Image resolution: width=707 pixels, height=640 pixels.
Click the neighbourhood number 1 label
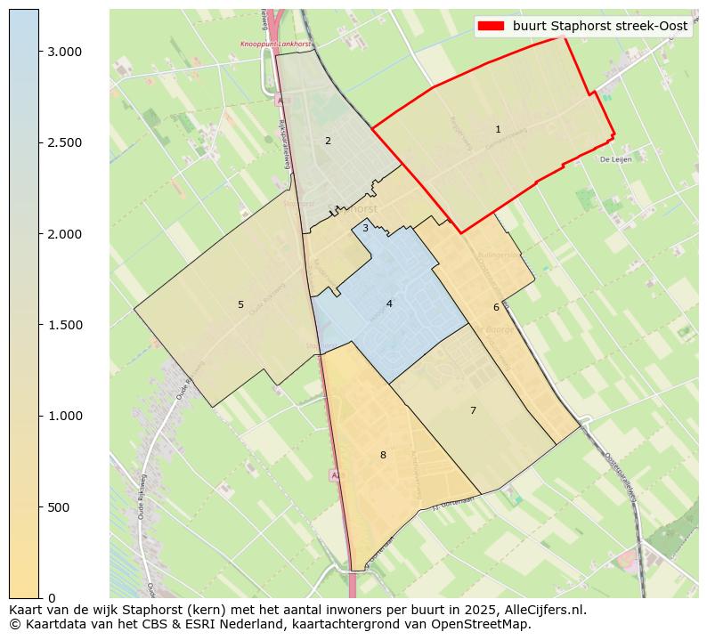pos(498,130)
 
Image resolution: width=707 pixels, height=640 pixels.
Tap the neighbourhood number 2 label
pos(328,141)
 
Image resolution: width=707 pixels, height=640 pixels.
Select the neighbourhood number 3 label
pos(365,229)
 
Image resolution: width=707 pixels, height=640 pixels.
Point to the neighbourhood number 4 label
pos(389,304)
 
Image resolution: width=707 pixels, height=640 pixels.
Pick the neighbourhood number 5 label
pos(240,304)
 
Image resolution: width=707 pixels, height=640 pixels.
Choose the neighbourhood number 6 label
pos(496,307)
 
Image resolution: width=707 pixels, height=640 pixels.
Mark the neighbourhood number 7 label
pos(473,410)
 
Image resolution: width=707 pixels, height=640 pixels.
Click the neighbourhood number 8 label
pos(383,455)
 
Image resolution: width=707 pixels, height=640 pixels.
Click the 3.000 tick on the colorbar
pos(64,52)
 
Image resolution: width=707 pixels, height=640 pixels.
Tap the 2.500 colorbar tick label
pos(64,142)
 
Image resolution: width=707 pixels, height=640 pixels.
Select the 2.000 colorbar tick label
pos(64,234)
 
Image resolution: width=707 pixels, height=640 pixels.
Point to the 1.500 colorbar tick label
pos(64,325)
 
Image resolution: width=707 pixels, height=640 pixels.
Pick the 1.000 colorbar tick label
pos(64,416)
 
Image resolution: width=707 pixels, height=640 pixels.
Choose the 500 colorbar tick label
pos(59,507)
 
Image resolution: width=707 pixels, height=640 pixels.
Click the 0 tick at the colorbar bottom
pos(52,598)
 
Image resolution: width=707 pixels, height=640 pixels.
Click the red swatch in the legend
pos(491,26)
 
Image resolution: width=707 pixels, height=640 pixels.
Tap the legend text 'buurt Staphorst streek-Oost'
pos(600,26)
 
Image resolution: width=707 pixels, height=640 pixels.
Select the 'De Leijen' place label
pos(615,159)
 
